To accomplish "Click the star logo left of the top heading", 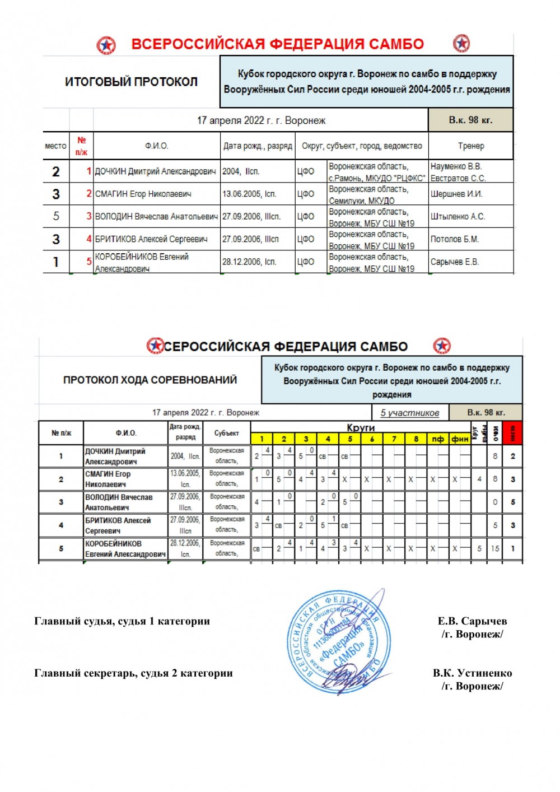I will pos(106,45).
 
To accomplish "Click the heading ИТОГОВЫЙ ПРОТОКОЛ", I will pos(131,82).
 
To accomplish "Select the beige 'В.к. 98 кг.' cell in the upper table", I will pos(470,120).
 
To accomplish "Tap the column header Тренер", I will pos(470,146).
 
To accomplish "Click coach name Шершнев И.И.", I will pos(456,194).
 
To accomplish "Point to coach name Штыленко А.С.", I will pos(458,216).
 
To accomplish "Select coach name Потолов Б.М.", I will pos(454,239).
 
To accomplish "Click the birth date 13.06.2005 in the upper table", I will pos(249,194).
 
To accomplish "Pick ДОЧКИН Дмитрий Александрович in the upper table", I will pos(155,171).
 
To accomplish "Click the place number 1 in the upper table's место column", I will pos(55,262).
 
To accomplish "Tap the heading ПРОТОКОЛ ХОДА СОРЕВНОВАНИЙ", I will pos(150,380).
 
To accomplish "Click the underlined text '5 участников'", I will pos(409,413).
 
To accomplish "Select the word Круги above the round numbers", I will pos(361,427).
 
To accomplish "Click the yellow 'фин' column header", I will pos(460,439).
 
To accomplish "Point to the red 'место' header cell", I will pos(512,432).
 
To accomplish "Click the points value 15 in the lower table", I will pos(495,549).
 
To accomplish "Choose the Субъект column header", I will pos(226,433).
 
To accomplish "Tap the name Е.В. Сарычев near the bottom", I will pos(472,621).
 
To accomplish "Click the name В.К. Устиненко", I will pos(472,673).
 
